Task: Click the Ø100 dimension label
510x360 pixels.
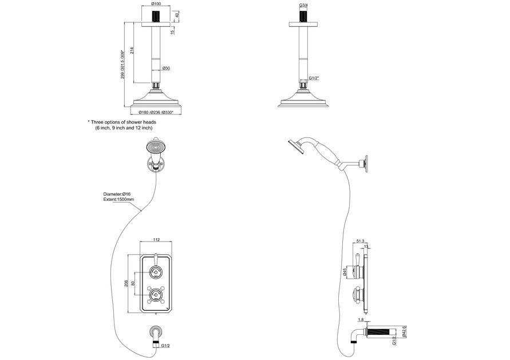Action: coord(156,4)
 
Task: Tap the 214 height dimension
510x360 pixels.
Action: coord(132,52)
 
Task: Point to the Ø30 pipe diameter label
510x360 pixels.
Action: coord(166,68)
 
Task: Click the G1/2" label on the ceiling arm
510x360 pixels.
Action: coord(314,78)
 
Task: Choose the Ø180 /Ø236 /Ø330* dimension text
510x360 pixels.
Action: coord(156,112)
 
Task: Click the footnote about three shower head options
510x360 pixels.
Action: coord(122,125)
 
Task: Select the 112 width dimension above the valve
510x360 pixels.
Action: coord(156,240)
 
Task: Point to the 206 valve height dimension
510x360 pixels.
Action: coord(126,283)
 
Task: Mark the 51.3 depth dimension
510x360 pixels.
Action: coord(361,241)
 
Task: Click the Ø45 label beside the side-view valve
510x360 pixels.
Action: coord(345,272)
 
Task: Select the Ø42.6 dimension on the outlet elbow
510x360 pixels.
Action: coord(404,332)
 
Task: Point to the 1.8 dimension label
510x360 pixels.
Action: coord(361,320)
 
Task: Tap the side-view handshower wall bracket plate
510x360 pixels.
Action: coord(366,163)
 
